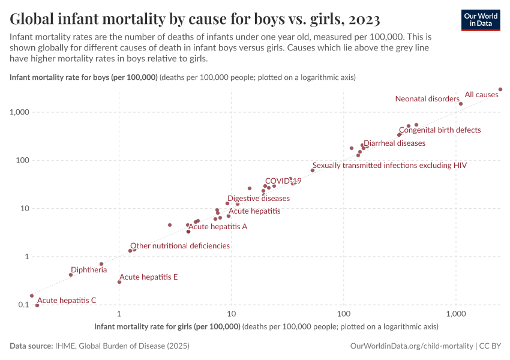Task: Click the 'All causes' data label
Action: [481, 95]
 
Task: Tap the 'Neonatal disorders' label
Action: [427, 99]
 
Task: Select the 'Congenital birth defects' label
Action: [440, 130]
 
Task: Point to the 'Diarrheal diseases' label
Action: [394, 143]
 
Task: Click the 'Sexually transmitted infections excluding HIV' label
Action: [389, 165]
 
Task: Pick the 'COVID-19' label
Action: [283, 181]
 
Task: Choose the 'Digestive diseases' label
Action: [258, 199]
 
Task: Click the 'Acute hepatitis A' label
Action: [218, 227]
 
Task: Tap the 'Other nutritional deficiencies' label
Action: [180, 246]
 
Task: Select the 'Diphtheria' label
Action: [89, 270]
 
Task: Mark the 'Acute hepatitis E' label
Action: [149, 277]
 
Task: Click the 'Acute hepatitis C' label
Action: [67, 301]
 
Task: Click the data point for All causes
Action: [500, 89]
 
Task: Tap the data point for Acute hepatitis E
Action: [119, 282]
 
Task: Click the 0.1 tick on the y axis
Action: [23, 305]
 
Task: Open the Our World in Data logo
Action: [481, 20]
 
